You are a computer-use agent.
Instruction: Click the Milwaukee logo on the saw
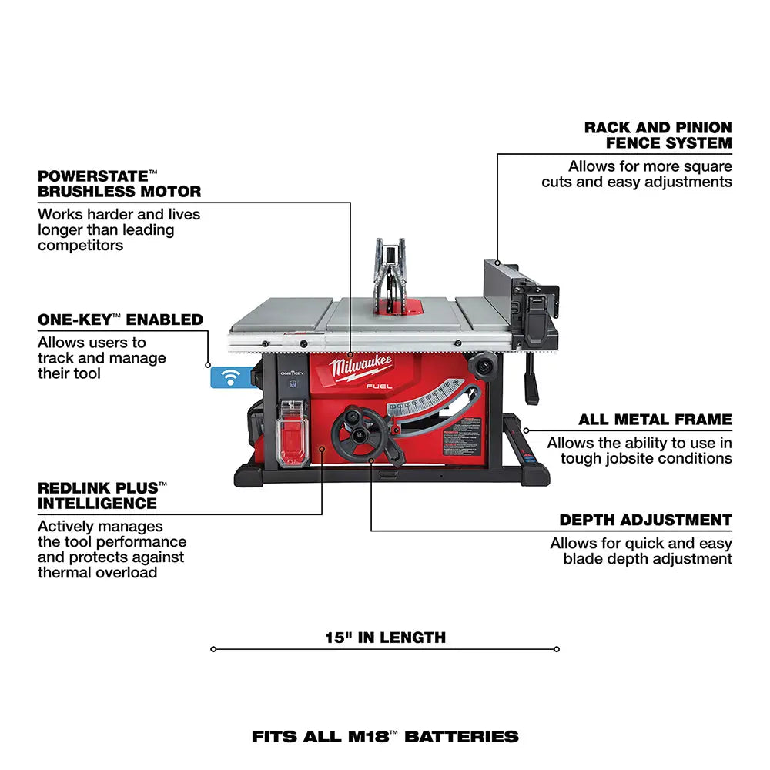click(x=363, y=369)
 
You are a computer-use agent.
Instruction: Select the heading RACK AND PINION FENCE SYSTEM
click(x=658, y=135)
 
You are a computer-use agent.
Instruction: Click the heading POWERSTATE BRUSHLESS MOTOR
click(x=119, y=183)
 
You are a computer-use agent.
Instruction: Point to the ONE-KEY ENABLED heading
click(x=120, y=320)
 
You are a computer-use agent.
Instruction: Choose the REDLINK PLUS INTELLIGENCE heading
click(x=102, y=495)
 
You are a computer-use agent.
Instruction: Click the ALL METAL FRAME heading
click(x=654, y=420)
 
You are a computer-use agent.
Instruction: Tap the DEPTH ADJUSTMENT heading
click(x=645, y=520)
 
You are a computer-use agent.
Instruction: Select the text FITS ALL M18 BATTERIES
click(x=385, y=737)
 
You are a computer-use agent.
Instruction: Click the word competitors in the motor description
click(x=80, y=245)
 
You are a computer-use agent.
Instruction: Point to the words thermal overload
click(x=97, y=572)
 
